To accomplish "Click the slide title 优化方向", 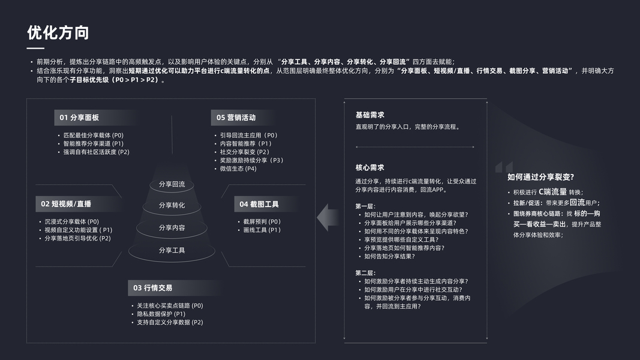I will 58,32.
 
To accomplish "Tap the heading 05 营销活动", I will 236,118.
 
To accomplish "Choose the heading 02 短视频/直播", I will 66,204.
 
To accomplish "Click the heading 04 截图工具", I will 259,204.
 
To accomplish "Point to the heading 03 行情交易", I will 153,288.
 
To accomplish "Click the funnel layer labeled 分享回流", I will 172,184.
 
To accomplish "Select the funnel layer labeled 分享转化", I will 172,205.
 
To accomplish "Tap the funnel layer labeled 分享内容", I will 172,227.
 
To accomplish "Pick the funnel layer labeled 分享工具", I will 172,250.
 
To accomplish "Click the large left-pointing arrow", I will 327,217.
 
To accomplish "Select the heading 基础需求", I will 369,115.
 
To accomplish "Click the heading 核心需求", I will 369,167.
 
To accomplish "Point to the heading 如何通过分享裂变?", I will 540,176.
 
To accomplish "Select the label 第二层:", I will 366,272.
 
